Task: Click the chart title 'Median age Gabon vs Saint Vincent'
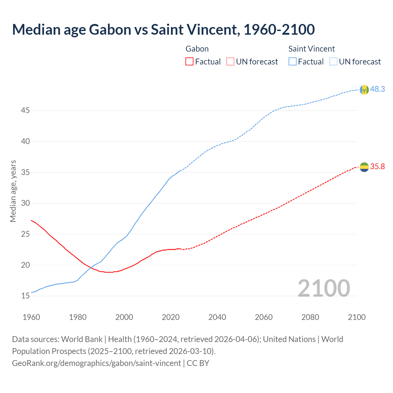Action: [x=163, y=30]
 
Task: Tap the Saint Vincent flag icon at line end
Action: [x=364, y=90]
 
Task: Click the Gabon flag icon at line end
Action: [x=364, y=167]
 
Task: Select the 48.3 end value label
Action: [x=377, y=89]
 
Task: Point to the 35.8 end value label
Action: [x=377, y=166]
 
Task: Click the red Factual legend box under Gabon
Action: [x=189, y=62]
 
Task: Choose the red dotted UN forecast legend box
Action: [x=230, y=62]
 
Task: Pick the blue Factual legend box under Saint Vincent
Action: [x=293, y=62]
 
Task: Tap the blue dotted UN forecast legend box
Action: [x=333, y=62]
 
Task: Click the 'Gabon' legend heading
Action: [x=197, y=49]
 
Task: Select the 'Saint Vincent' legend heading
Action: [x=311, y=49]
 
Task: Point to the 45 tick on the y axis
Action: [x=25, y=110]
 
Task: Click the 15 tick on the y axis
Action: [x=25, y=296]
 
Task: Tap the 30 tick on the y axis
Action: [x=25, y=203]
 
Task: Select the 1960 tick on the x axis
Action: [x=31, y=317]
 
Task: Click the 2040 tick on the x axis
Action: [x=217, y=317]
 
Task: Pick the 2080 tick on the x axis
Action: [x=310, y=317]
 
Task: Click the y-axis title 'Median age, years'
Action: [x=13, y=191]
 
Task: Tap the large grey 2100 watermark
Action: [x=324, y=288]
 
